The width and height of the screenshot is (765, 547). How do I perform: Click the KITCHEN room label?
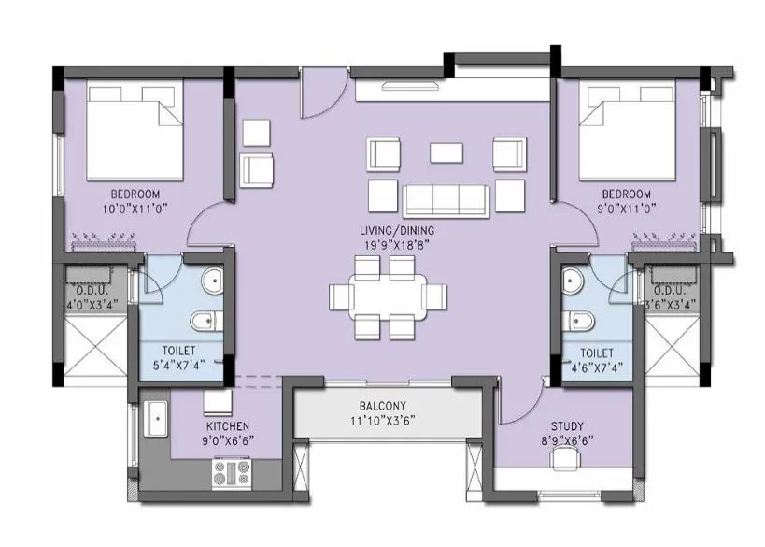[x=228, y=426]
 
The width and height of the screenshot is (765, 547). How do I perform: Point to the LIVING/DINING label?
[x=398, y=230]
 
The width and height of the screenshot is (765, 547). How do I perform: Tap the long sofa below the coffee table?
[x=446, y=197]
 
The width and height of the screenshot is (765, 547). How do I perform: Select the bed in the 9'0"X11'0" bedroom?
[x=621, y=129]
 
